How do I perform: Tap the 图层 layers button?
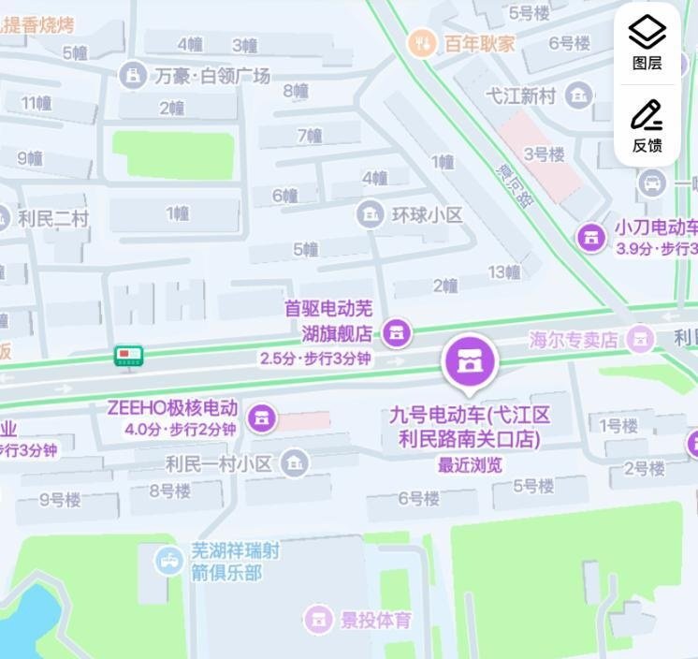647,42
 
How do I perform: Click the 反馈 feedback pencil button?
647,124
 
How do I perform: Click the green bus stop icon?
128,356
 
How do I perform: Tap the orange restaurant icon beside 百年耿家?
422,42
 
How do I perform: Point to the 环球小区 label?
427,214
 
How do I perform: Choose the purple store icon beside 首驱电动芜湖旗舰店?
397,332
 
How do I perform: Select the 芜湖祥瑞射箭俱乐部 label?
234,561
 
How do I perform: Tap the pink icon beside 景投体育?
318,619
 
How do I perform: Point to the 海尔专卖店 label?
573,339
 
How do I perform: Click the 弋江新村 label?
521,95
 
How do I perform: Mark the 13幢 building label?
503,271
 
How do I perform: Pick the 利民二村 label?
52,218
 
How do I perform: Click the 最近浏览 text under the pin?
470,464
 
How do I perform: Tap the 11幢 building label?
36,103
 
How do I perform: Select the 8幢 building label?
295,91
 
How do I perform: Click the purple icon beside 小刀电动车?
590,237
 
